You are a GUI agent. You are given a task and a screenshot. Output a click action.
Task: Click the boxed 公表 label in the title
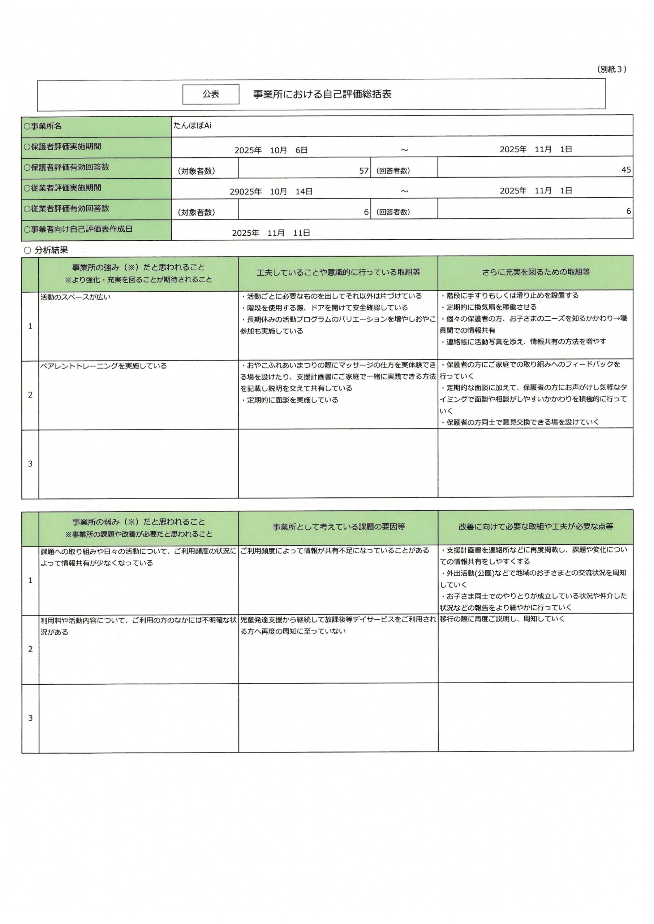[211, 94]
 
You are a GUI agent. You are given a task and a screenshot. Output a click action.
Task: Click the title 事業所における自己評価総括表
[322, 94]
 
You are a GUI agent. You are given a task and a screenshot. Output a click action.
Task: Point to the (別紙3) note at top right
[611, 69]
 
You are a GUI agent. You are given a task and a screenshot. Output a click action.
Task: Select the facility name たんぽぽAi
[192, 126]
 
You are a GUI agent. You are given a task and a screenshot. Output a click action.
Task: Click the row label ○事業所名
[43, 126]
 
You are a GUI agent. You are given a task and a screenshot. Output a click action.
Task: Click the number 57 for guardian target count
[363, 171]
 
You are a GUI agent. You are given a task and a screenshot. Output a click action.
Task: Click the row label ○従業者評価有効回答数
[66, 209]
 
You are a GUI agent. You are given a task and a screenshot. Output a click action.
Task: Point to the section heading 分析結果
[51, 250]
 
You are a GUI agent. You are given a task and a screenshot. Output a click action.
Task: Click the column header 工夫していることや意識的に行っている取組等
[338, 273]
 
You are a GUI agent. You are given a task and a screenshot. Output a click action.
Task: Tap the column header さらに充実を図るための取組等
[535, 272]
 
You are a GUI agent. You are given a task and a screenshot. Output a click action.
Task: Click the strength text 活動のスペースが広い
[76, 297]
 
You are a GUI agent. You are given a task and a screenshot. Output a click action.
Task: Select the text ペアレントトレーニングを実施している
[104, 366]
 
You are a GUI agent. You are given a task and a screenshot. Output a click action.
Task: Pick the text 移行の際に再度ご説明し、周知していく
[502, 619]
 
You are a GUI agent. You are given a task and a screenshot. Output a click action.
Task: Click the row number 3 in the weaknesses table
[30, 718]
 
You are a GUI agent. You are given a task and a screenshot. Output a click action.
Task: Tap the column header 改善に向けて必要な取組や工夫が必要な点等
[535, 526]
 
